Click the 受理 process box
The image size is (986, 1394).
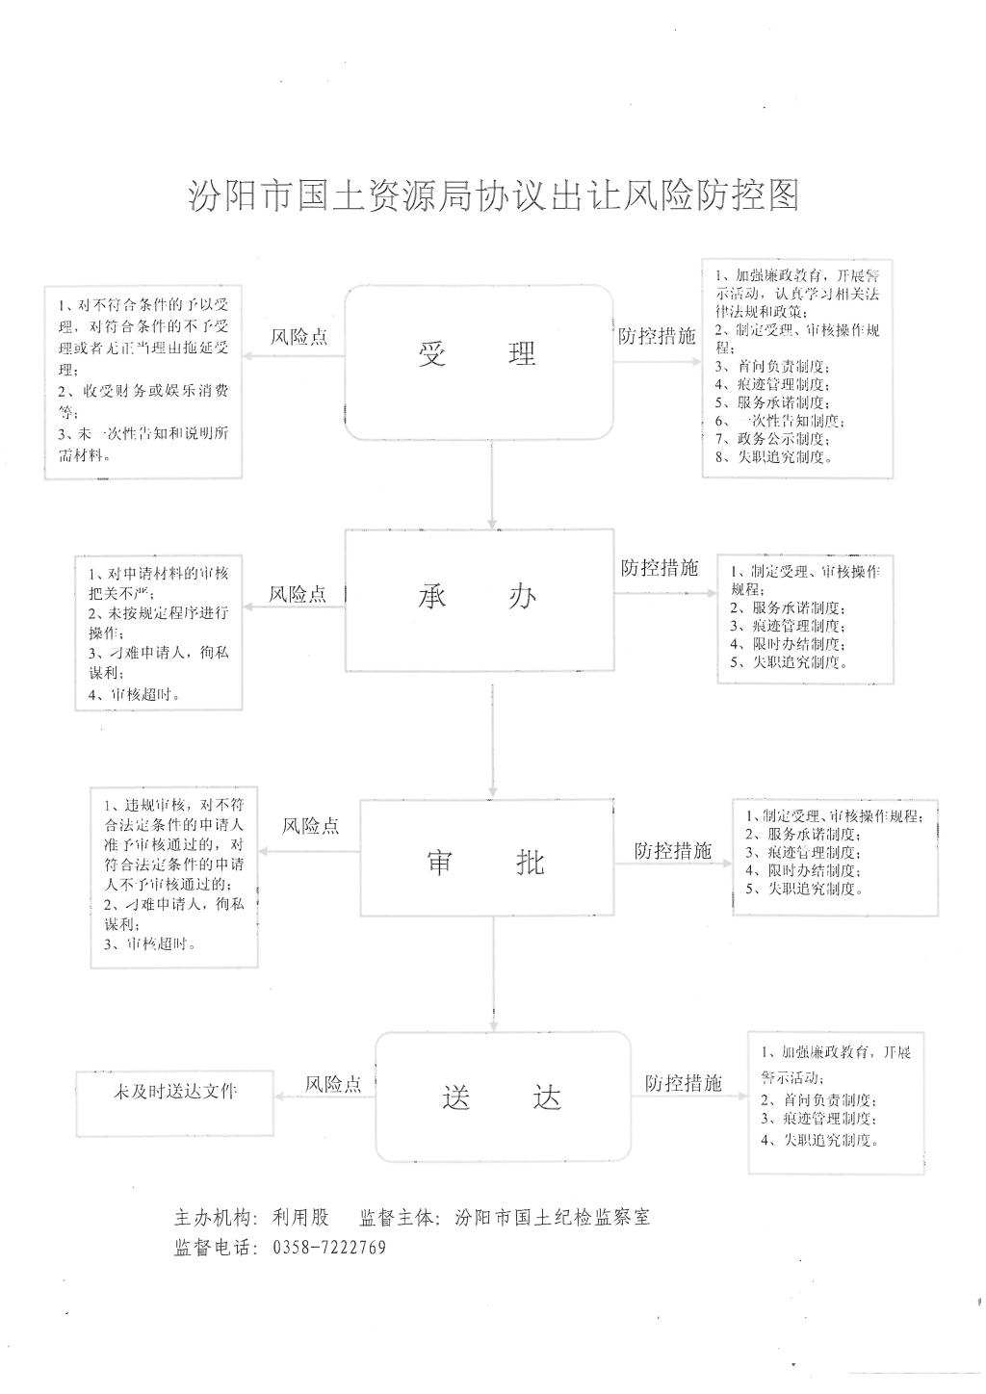(479, 356)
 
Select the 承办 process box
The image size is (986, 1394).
(479, 599)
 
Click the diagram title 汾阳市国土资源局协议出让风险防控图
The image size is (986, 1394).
(493, 195)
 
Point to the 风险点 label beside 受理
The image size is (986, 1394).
(298, 337)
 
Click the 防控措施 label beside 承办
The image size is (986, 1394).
(660, 568)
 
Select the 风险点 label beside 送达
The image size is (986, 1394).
(333, 1084)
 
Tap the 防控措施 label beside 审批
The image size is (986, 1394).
(672, 851)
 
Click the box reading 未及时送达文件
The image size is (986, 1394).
(175, 1092)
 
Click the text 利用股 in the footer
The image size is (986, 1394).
(300, 1218)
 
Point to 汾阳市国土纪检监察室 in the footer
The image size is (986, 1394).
(554, 1218)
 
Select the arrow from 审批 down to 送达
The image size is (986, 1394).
(493, 972)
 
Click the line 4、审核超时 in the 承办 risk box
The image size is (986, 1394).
(135, 694)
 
